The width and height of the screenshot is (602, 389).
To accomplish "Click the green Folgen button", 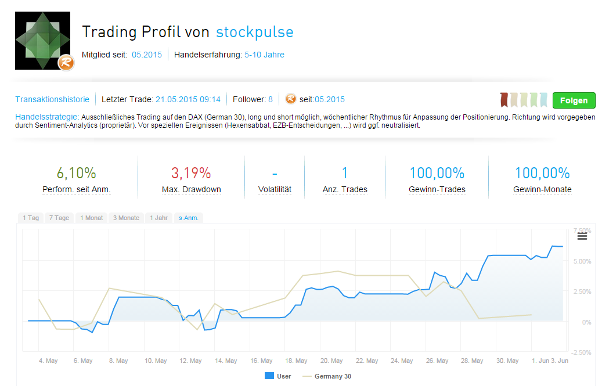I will click(x=574, y=100).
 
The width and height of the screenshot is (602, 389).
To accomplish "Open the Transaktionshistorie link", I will click(x=52, y=99).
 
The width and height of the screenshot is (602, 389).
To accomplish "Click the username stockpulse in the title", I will click(x=255, y=31).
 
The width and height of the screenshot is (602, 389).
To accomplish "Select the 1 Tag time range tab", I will click(x=31, y=218).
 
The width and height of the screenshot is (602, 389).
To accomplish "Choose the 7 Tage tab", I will click(x=59, y=218).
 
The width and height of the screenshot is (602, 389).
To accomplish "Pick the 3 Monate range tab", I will click(x=126, y=218).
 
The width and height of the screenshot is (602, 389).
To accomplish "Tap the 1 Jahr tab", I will click(x=159, y=218).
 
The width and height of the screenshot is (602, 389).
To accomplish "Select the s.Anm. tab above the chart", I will click(x=189, y=218).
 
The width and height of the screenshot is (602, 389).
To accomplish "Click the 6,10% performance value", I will click(x=76, y=172).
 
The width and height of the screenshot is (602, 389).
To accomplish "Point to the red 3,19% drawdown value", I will click(x=191, y=172).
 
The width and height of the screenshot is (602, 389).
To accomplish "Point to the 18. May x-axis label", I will click(x=296, y=361).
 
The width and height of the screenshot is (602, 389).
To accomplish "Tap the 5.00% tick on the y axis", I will click(x=582, y=261).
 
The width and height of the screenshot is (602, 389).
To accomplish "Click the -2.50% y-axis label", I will click(x=581, y=352).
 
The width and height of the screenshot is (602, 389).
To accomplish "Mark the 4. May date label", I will click(x=48, y=361).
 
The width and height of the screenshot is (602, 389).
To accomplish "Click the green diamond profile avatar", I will click(x=42, y=41).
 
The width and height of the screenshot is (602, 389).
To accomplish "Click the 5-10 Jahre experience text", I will click(x=264, y=55).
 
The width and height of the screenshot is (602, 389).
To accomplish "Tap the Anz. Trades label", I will click(x=345, y=189).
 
